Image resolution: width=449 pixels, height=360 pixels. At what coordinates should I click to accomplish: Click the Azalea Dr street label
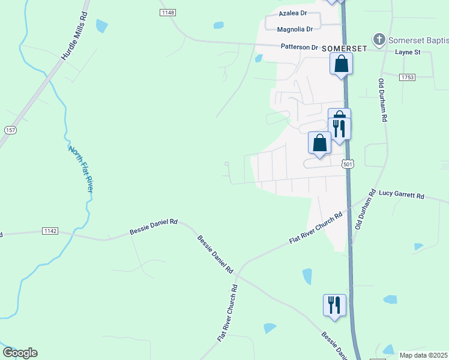(x=293, y=13)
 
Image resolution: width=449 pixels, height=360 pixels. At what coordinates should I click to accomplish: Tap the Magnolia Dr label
(x=295, y=29)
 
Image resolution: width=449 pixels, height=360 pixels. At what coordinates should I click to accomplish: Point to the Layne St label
(x=408, y=52)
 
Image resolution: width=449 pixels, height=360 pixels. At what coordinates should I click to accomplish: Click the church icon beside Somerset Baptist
(x=379, y=40)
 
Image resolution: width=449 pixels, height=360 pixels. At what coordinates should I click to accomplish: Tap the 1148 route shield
(x=168, y=13)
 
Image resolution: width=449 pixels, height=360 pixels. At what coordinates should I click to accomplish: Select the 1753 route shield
(x=408, y=77)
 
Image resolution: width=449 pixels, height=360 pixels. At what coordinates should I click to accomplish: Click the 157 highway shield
(x=10, y=130)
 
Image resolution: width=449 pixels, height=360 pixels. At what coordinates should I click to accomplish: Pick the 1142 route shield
(x=50, y=231)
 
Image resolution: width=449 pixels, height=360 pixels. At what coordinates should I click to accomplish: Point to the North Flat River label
(x=81, y=169)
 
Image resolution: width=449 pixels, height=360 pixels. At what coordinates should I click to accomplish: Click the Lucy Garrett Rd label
(x=402, y=195)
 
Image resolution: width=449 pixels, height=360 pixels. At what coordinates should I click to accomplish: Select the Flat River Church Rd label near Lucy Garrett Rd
(x=316, y=228)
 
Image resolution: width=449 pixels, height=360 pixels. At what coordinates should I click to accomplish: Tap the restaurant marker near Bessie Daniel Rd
(x=334, y=304)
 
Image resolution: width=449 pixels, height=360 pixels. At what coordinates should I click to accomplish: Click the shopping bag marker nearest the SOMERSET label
(x=341, y=64)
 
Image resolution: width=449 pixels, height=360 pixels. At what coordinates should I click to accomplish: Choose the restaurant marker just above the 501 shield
(x=339, y=128)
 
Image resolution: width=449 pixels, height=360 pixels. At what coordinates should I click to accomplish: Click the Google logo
(x=20, y=353)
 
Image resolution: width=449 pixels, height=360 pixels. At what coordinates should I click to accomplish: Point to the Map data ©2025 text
(x=423, y=355)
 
